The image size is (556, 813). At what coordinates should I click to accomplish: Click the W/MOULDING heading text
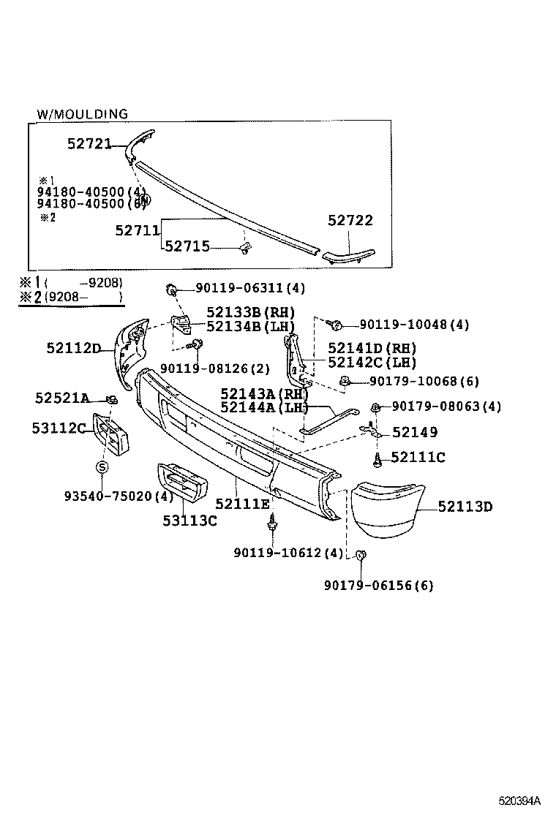(x=82, y=114)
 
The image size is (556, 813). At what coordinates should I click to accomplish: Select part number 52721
(x=89, y=144)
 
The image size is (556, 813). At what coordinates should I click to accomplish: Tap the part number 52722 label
(x=350, y=220)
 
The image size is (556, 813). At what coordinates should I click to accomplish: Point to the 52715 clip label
(x=187, y=246)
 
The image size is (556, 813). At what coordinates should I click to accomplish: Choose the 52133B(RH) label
(x=250, y=312)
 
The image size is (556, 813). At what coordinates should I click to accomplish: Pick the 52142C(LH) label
(x=372, y=362)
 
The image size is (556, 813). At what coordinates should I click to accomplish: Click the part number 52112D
(x=73, y=348)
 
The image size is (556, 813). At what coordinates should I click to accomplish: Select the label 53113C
(x=189, y=520)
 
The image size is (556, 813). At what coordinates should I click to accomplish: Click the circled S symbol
(x=102, y=467)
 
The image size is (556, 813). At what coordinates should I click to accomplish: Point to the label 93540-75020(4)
(x=117, y=496)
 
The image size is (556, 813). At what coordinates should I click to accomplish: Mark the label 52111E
(x=242, y=504)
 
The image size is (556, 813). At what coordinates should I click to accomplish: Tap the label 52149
(x=415, y=432)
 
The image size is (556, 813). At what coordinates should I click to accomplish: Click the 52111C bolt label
(x=418, y=458)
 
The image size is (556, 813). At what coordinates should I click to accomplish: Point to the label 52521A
(x=61, y=398)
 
